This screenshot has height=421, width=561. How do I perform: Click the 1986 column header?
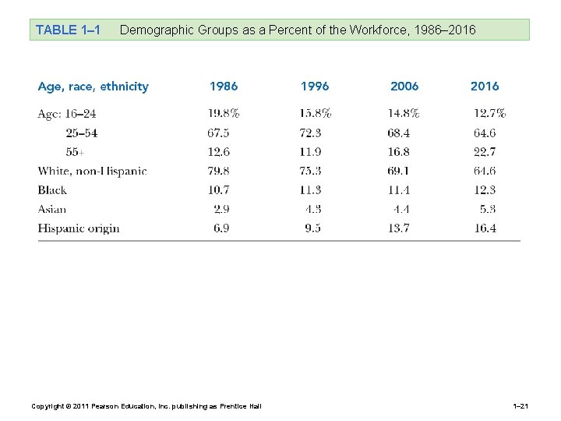coord(224,87)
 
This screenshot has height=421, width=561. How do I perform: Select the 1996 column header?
coord(315,87)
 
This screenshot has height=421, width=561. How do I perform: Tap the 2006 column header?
coord(404,87)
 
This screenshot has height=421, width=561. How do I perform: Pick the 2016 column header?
coord(485,87)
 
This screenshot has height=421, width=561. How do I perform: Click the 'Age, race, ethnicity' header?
coord(93,87)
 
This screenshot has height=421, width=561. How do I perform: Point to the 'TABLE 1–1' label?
coord(68,30)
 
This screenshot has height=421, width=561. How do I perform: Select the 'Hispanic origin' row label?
coord(79,228)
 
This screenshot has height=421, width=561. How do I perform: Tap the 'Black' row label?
coord(52,190)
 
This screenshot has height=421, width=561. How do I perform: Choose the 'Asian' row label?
coord(52,209)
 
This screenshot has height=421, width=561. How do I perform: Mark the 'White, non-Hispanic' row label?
coord(92,171)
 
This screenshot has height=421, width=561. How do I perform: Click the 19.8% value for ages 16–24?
coord(224,114)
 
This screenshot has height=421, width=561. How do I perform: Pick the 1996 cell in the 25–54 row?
coord(310,133)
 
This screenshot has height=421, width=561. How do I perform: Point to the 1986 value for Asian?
coord(221,209)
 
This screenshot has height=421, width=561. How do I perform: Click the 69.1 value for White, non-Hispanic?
coord(399,171)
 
